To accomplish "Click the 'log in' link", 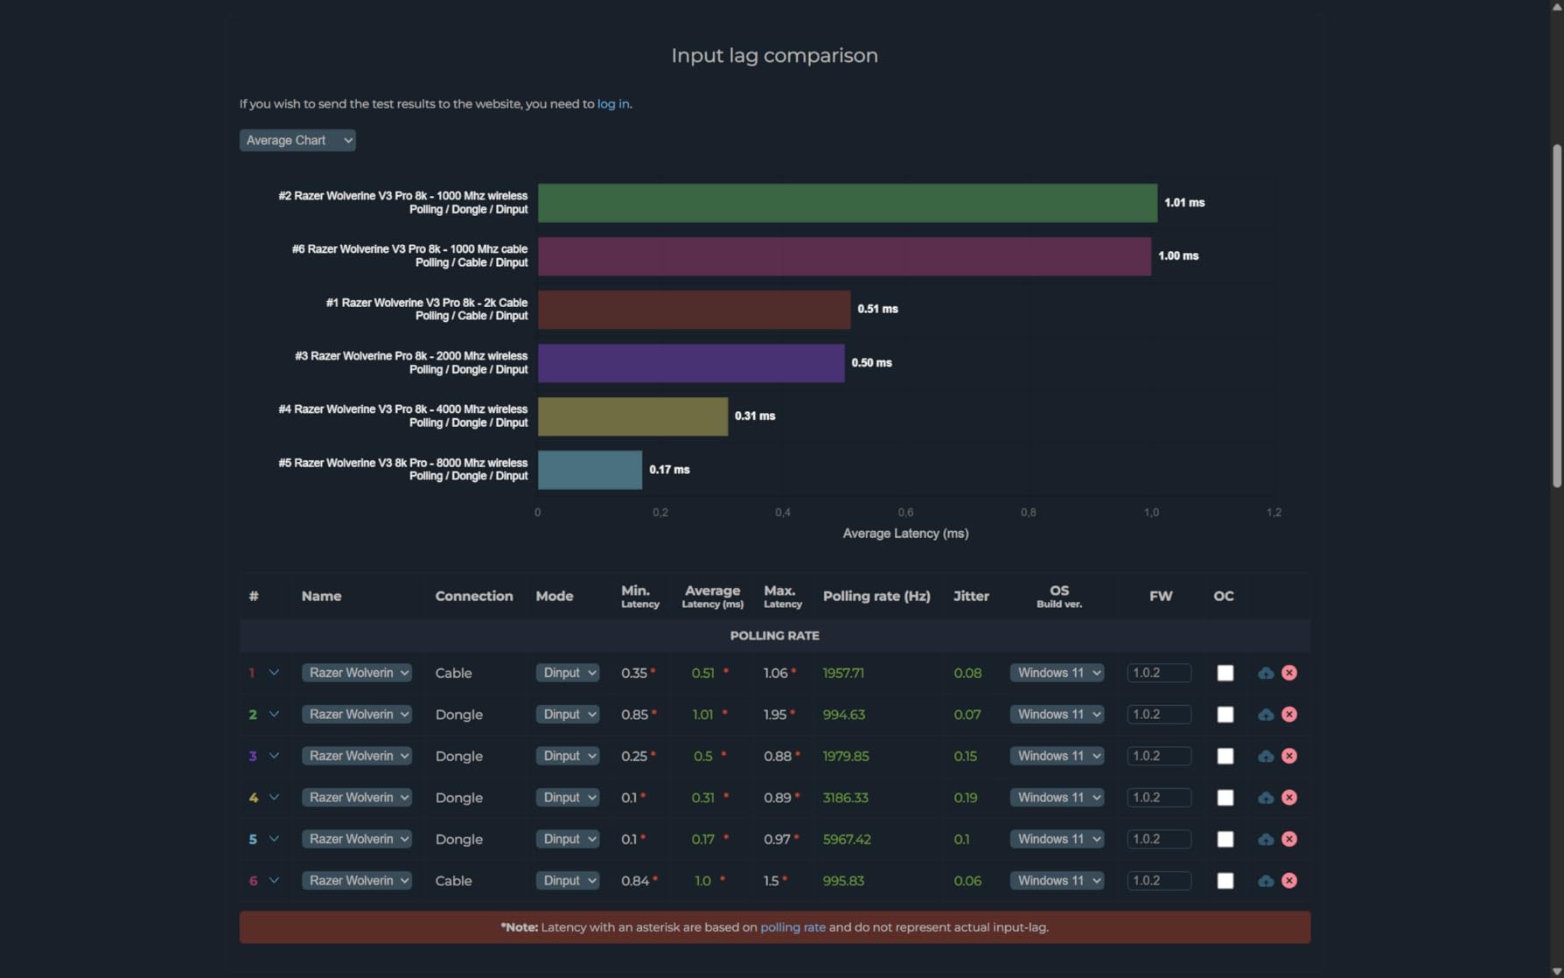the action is [x=613, y=104].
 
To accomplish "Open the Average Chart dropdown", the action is [x=297, y=140].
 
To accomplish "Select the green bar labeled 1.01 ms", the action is [x=848, y=203].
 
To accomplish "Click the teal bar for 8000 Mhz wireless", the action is [x=590, y=470].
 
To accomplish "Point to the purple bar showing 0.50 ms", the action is [x=691, y=363].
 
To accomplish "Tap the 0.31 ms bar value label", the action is [x=755, y=416].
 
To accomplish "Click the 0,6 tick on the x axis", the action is [x=905, y=513].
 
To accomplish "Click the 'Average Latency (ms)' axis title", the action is [x=905, y=534].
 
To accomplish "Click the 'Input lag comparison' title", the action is [x=774, y=55].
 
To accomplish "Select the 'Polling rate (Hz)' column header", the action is [x=876, y=596].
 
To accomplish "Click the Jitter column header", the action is [x=971, y=596].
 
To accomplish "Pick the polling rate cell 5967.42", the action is [x=847, y=839].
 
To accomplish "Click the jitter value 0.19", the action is [x=966, y=798].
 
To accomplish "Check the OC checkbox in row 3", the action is [x=1225, y=756].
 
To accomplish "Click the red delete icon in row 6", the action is [x=1289, y=881].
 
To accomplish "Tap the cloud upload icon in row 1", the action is [x=1266, y=673].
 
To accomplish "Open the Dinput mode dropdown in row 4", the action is [x=568, y=798].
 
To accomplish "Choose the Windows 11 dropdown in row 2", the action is [x=1057, y=715].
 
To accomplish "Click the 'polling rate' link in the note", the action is [x=792, y=927].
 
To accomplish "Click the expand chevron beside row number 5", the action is [x=274, y=839].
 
